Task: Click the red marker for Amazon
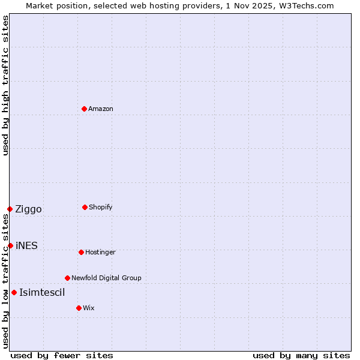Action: click(x=84, y=109)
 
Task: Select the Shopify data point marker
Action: click(x=85, y=207)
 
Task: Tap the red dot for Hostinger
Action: click(x=81, y=252)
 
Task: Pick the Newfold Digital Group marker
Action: click(x=67, y=278)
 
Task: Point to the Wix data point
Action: click(x=79, y=308)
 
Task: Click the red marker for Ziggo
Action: click(x=10, y=209)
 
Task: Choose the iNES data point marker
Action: click(x=10, y=245)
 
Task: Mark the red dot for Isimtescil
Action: click(x=14, y=292)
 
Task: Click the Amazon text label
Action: click(x=101, y=109)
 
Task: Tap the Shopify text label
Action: click(x=101, y=207)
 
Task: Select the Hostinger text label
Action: click(x=100, y=252)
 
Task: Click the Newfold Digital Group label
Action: click(x=106, y=278)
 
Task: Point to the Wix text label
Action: click(x=89, y=308)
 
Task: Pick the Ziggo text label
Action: click(x=28, y=209)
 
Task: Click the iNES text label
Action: click(x=26, y=245)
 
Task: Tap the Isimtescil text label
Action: click(x=42, y=292)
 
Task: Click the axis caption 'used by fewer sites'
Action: click(x=62, y=355)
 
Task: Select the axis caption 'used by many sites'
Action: click(x=301, y=355)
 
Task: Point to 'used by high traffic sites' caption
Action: click(x=5, y=86)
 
